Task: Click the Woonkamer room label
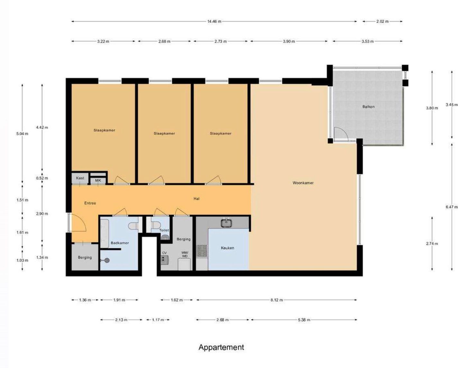click(x=303, y=183)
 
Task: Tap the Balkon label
click(x=368, y=107)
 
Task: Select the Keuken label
click(x=227, y=248)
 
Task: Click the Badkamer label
click(x=120, y=243)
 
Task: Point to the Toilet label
click(x=164, y=230)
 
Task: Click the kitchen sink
click(x=226, y=223)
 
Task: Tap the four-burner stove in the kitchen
click(x=202, y=251)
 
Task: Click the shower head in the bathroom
click(x=105, y=260)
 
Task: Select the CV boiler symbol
click(x=164, y=260)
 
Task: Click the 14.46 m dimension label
click(x=214, y=22)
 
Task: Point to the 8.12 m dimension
click(x=277, y=300)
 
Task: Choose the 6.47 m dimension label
click(x=452, y=207)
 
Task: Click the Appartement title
click(x=221, y=347)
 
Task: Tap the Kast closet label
click(x=80, y=178)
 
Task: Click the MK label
click(x=98, y=180)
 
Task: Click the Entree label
click(x=90, y=203)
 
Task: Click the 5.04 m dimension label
click(x=23, y=134)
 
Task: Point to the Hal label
click(x=196, y=199)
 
